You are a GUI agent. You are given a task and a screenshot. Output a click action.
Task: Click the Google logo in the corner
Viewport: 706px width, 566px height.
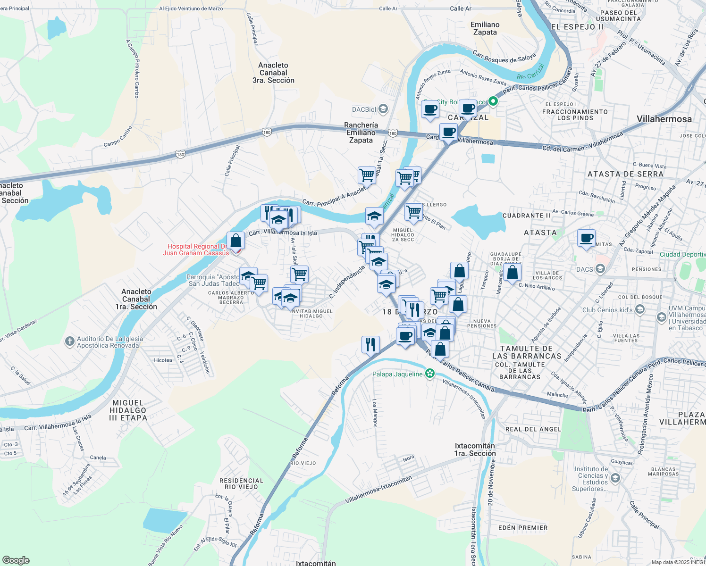pos(16,560)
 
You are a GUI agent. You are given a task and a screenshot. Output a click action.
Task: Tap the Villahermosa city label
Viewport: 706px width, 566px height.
pos(664,119)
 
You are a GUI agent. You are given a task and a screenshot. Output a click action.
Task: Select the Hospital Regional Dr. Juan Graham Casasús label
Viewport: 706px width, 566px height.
pos(195,250)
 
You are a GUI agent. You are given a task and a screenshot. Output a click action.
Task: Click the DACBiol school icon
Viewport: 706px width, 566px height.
pos(383,109)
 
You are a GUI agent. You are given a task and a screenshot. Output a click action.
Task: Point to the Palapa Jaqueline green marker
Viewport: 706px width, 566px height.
pos(429,374)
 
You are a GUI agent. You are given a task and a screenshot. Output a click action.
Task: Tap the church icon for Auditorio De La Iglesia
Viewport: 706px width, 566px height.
pos(70,341)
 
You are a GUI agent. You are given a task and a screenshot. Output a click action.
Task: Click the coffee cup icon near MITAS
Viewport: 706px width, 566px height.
pos(586,239)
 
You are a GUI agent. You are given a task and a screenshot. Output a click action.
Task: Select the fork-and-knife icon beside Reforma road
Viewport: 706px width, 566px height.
pos(370,344)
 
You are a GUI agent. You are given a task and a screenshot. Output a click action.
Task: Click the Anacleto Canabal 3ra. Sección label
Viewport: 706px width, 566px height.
pos(273,73)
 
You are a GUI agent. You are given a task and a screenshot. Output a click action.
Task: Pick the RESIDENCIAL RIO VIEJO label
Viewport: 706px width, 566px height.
pos(241,483)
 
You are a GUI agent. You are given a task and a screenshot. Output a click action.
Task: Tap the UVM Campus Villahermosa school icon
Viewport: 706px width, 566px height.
pos(661,317)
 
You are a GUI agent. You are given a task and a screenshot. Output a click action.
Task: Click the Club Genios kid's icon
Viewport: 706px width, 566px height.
pos(640,309)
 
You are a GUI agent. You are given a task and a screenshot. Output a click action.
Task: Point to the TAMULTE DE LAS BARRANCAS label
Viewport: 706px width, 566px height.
pos(527,352)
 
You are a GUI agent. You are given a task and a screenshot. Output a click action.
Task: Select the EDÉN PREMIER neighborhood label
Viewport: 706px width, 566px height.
pos(523,528)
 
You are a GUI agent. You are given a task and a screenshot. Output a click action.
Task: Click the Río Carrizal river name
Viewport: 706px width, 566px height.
pos(531,72)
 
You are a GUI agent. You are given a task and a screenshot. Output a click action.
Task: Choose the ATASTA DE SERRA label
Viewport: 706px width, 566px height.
pos(625,174)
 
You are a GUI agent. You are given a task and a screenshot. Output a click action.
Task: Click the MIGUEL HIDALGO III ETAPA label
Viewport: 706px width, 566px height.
pos(128,410)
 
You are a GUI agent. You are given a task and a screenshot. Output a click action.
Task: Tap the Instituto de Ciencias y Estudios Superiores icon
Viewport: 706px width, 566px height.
pos(615,478)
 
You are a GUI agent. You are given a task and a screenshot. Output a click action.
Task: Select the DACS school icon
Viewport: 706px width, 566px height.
pos(600,269)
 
